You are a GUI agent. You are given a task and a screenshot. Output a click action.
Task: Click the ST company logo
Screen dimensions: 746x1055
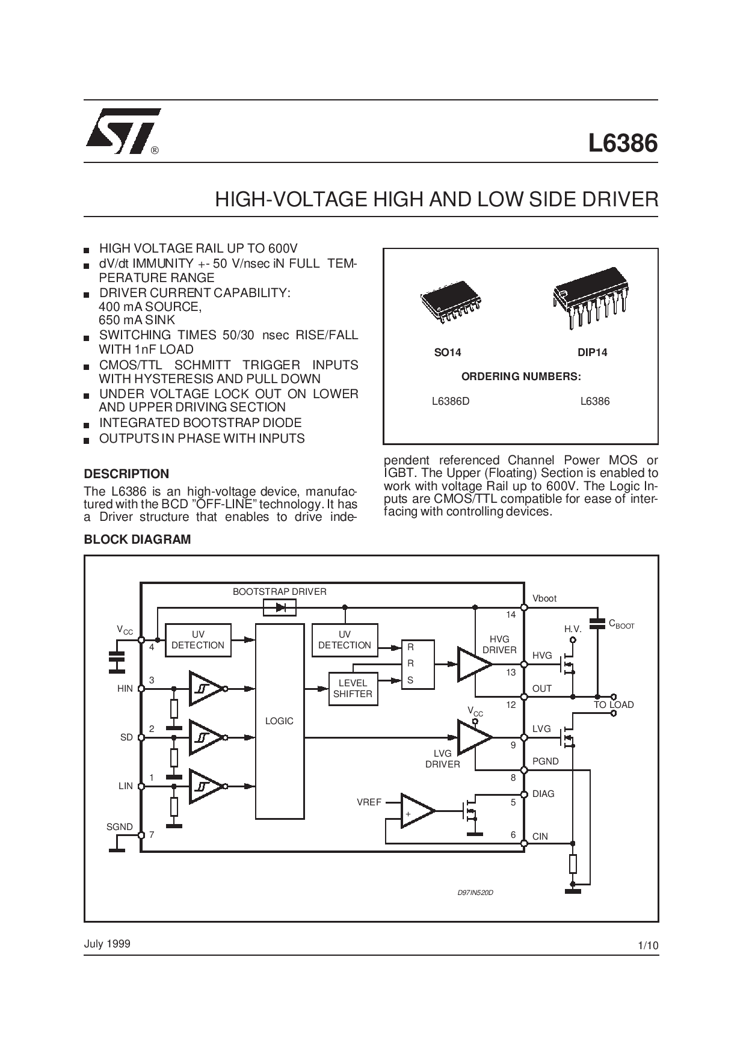[x=123, y=131]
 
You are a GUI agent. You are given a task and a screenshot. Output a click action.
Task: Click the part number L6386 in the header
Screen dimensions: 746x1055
[x=623, y=143]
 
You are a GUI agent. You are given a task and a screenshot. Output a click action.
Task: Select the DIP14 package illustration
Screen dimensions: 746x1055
[x=590, y=297]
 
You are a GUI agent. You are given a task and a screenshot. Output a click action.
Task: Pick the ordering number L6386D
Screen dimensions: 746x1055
[x=451, y=401]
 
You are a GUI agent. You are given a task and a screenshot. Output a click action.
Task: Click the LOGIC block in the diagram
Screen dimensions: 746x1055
[x=279, y=721]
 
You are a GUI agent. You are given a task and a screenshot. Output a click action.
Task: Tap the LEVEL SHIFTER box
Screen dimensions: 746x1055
[x=353, y=688]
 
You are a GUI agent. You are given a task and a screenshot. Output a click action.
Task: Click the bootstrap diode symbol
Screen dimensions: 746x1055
[x=280, y=607]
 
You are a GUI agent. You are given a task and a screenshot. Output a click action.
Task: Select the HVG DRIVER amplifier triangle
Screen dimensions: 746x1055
[x=475, y=664]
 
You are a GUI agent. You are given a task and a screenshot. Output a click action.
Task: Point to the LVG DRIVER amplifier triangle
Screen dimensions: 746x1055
[x=475, y=737]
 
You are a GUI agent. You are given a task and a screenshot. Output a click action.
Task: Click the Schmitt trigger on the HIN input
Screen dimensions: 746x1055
[x=206, y=688]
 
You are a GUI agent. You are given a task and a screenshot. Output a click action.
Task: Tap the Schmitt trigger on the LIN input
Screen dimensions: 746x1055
[x=206, y=786]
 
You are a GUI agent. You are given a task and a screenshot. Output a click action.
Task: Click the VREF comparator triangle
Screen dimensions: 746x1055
[x=418, y=811]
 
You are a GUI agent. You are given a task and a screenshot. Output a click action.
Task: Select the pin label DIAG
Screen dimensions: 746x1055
[x=543, y=794]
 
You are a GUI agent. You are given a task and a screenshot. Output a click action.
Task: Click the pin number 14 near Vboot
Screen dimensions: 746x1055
[x=511, y=615]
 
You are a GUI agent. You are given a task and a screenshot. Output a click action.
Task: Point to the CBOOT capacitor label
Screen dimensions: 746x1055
[x=621, y=624]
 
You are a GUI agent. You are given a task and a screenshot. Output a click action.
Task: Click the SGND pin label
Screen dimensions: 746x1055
[x=119, y=827]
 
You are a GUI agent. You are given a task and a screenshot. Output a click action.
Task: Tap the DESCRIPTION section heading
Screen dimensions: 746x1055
[x=126, y=474]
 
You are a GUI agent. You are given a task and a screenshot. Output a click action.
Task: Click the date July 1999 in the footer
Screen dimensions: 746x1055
[x=107, y=944]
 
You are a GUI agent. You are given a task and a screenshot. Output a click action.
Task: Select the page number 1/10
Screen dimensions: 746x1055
[x=648, y=946]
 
